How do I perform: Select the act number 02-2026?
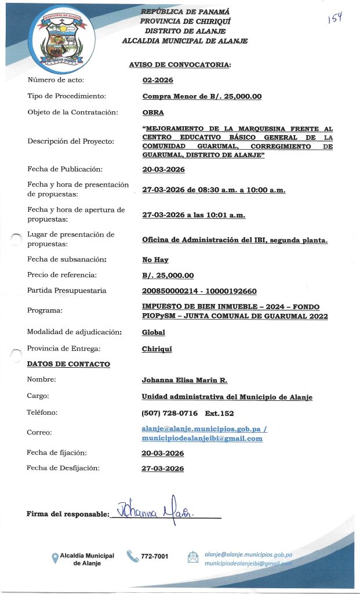coord(158,80)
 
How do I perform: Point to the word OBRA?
coord(153,112)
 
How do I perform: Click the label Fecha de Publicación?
coord(65,169)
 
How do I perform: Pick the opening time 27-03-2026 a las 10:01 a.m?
coord(194,215)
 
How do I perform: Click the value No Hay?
coord(155,260)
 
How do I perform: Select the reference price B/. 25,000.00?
coord(168,276)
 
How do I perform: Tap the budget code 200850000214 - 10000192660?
coord(199,291)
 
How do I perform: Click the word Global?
coord(154,332)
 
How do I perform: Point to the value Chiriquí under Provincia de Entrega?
coord(157,349)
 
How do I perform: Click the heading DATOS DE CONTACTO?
coord(68,364)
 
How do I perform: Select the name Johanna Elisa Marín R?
coord(184,380)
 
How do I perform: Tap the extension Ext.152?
coord(219,413)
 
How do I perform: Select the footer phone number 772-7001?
coord(155,556)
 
